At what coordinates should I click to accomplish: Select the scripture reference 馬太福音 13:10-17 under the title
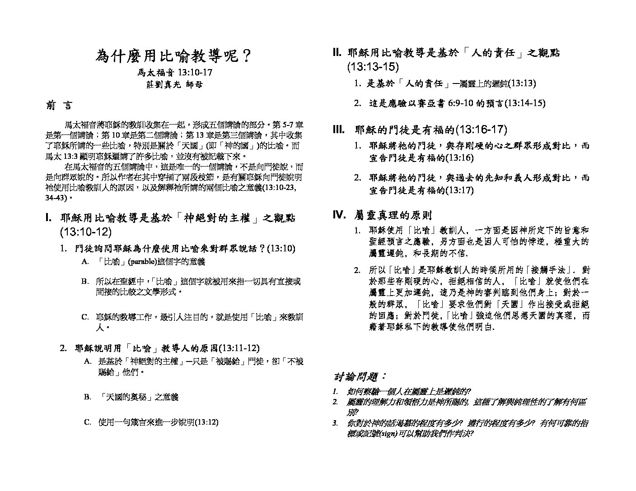click(175, 72)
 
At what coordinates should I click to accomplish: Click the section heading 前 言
click(59, 106)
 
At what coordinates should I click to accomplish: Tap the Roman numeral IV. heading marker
click(339, 214)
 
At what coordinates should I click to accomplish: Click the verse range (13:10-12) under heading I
click(85, 232)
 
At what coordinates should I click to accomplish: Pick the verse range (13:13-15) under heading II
click(373, 67)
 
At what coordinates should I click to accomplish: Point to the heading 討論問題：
click(360, 376)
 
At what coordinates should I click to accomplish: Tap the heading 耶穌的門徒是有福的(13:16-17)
click(431, 130)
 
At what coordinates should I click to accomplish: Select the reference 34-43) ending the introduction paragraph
click(56, 198)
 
